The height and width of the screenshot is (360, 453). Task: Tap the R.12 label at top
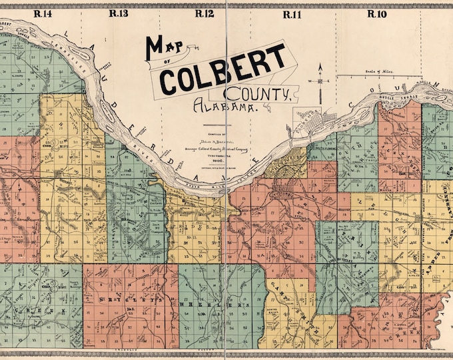(x=204, y=13)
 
